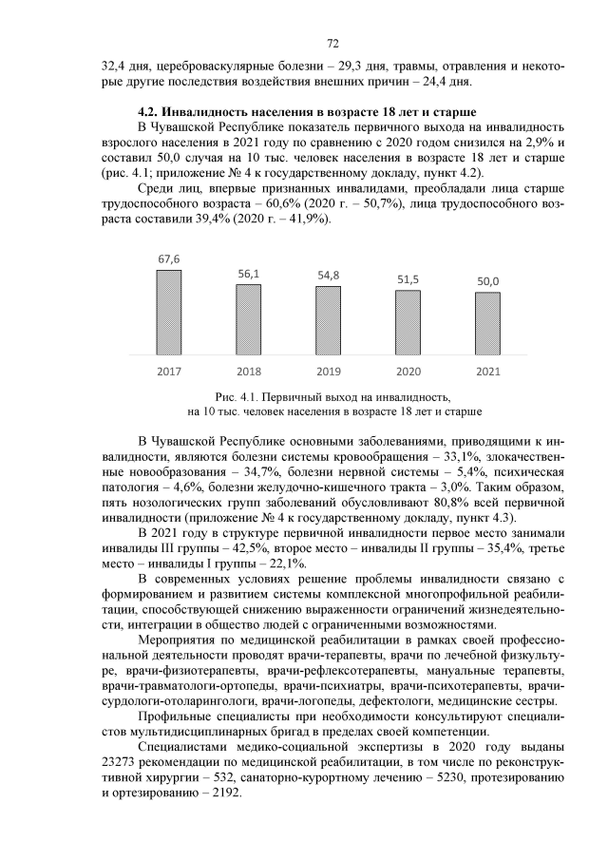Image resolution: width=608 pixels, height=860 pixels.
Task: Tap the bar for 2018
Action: (x=249, y=320)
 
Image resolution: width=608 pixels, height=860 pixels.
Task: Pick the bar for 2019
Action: (x=329, y=321)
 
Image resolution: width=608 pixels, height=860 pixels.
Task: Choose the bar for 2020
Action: (x=408, y=323)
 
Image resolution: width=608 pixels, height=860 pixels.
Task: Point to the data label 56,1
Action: (x=249, y=274)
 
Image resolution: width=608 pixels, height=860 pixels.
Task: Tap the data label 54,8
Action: (x=329, y=276)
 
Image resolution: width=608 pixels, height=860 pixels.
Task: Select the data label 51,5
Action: (x=408, y=279)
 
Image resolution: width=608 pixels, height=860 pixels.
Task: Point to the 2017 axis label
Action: (x=169, y=372)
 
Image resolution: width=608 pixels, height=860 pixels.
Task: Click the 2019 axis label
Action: (x=329, y=372)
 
